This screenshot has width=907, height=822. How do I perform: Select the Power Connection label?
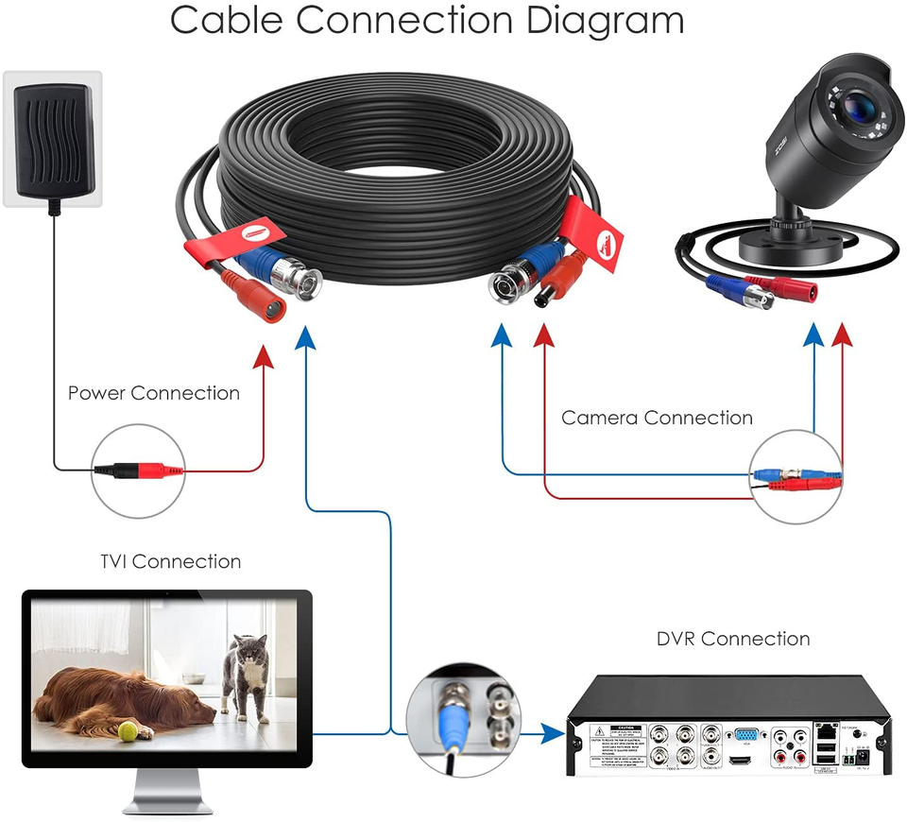(153, 393)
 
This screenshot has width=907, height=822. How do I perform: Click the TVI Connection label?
(170, 561)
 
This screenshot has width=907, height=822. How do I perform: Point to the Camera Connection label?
(657, 418)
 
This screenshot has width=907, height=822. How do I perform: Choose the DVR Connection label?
(733, 639)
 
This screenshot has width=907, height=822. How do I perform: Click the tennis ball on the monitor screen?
(128, 730)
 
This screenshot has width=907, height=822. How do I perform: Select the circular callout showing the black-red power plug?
(137, 470)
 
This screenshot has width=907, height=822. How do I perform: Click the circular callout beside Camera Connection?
(796, 476)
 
